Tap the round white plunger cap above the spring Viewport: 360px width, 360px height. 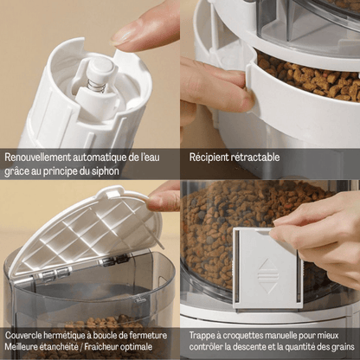tap(101, 68)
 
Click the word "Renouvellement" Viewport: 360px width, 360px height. tap(37, 157)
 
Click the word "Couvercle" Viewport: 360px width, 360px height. tap(23, 336)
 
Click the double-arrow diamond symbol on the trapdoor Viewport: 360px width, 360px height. tap(268, 276)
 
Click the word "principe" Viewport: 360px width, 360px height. tap(57, 171)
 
